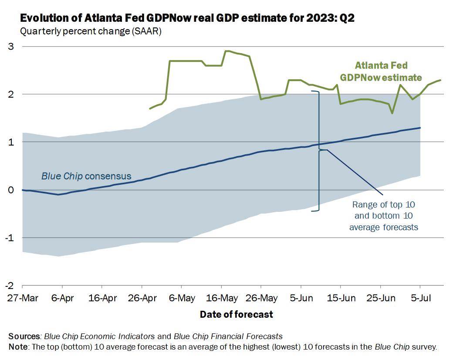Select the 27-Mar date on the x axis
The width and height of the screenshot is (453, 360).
pos(22,299)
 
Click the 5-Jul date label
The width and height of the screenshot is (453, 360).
pos(420,299)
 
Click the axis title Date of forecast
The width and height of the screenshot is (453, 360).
pos(236,314)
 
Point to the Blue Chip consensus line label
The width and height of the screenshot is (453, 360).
pos(86,176)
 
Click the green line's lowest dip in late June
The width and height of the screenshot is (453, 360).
pos(392,113)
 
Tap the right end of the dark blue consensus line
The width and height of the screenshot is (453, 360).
pos(420,128)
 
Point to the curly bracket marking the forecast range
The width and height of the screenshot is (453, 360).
pos(319,150)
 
